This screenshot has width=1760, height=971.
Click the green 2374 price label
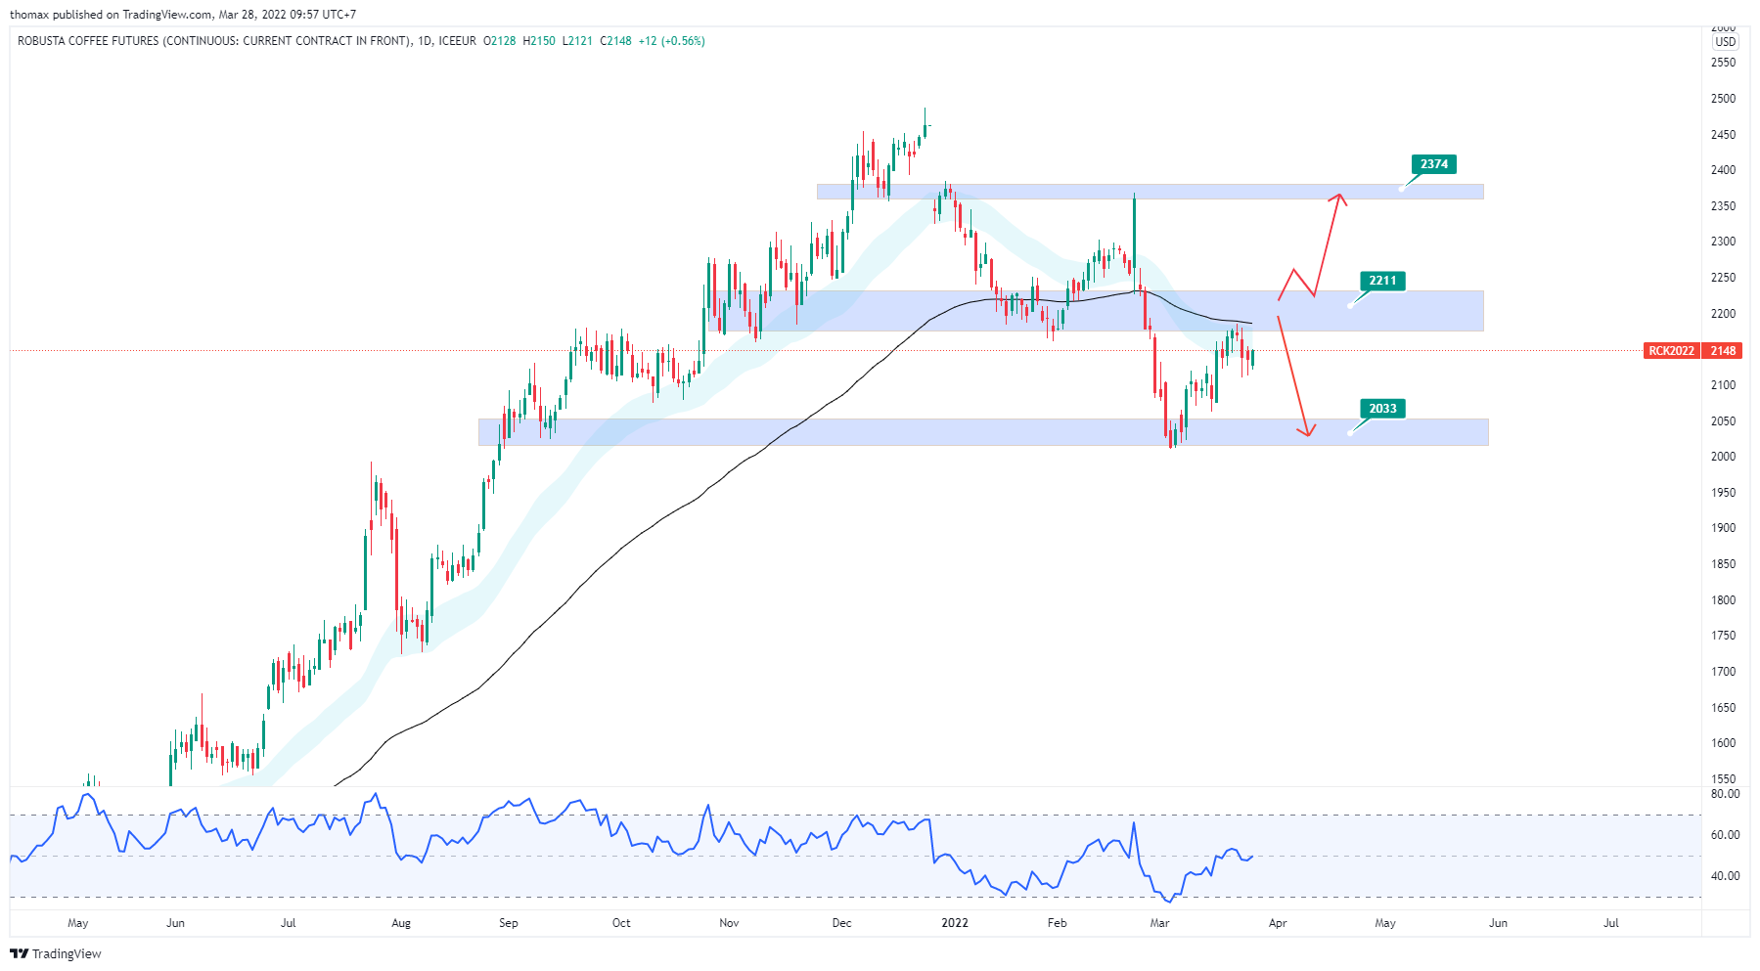1434,164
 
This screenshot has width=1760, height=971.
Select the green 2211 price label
1382,281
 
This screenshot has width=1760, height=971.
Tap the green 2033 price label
1382,409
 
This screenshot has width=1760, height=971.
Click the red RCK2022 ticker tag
1672,351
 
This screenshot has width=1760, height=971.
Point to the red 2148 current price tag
1723,351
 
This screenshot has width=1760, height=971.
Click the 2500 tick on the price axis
1723,99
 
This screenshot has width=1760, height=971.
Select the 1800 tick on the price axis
1723,600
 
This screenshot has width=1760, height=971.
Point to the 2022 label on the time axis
954,923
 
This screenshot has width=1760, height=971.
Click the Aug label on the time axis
401,923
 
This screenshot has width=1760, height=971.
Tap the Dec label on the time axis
841,923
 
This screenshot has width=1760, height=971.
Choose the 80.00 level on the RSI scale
1725,794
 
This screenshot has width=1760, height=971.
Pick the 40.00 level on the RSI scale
1725,876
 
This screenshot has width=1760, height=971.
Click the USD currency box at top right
1725,42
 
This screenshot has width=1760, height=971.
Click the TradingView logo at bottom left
56,953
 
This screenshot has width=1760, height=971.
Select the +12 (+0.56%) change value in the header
671,41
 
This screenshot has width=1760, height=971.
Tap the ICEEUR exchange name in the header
457,41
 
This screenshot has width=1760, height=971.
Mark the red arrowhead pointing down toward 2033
1307,431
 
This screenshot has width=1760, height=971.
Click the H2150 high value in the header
539,41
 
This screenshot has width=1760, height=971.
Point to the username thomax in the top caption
29,15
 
